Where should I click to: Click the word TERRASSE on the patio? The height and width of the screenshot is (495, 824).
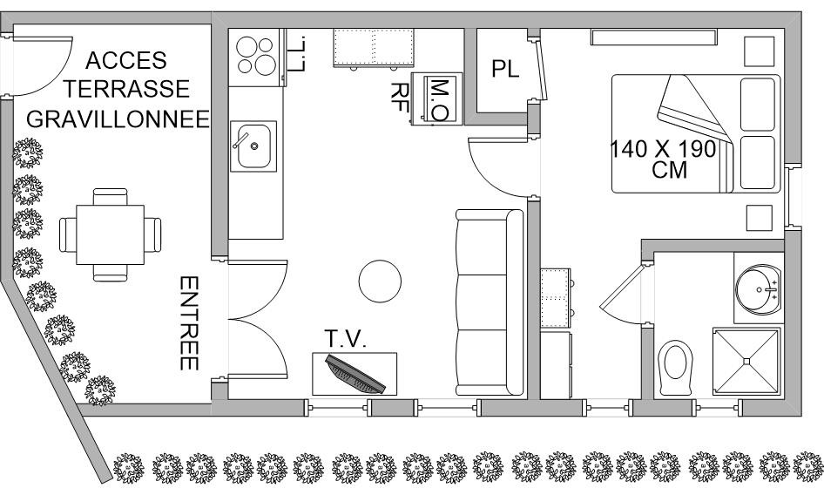pyautogui.click(x=126, y=89)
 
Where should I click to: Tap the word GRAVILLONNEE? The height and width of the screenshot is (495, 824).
pyautogui.click(x=118, y=119)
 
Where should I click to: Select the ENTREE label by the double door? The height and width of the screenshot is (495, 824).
pyautogui.click(x=189, y=323)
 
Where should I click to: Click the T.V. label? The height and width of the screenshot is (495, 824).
pyautogui.click(x=345, y=339)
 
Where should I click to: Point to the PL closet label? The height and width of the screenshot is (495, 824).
pyautogui.click(x=505, y=69)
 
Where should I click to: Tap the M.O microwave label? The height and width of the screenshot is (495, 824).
pyautogui.click(x=439, y=100)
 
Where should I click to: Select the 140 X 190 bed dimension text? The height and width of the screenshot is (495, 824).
pyautogui.click(x=663, y=149)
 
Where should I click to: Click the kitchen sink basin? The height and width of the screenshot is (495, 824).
pyautogui.click(x=253, y=146)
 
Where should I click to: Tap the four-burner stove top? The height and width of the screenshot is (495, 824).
pyautogui.click(x=256, y=56)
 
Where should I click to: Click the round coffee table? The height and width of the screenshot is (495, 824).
pyautogui.click(x=380, y=281)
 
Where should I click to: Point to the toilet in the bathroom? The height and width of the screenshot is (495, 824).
pyautogui.click(x=675, y=367)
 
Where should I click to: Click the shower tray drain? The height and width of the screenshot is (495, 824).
pyautogui.click(x=746, y=361)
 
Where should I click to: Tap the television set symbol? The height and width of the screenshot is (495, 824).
pyautogui.click(x=355, y=375)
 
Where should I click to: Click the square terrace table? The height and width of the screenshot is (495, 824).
pyautogui.click(x=111, y=234)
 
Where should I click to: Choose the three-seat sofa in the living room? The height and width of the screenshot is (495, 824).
pyautogui.click(x=490, y=302)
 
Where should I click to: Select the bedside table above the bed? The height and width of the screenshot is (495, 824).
pyautogui.click(x=760, y=51)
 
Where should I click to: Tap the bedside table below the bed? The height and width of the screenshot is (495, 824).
pyautogui.click(x=760, y=218)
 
